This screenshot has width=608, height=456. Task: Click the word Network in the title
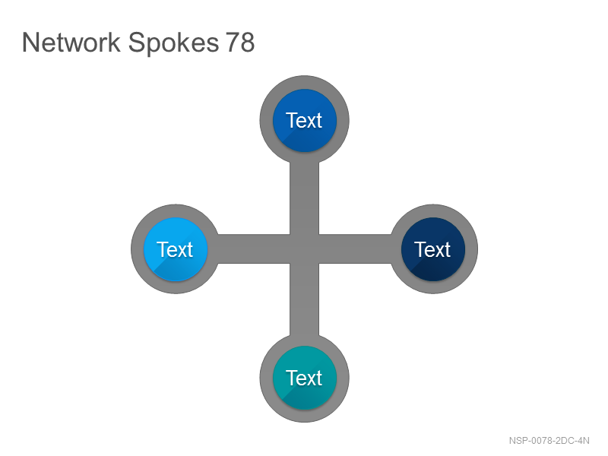tap(71, 42)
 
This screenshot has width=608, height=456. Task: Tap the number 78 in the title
tap(240, 42)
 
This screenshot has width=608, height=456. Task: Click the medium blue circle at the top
tap(305, 120)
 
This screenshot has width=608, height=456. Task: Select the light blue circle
tap(176, 249)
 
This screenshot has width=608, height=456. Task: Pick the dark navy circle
tap(433, 249)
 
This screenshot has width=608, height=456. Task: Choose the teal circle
tap(305, 378)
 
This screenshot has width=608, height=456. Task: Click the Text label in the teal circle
tap(304, 378)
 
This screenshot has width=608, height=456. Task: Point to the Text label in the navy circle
tap(432, 249)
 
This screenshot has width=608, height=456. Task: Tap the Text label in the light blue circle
tap(175, 249)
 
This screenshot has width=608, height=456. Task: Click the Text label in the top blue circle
tap(304, 120)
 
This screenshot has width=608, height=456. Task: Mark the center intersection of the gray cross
tap(305, 249)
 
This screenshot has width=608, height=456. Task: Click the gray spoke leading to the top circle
tap(305, 198)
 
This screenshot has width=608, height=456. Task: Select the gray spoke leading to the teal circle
tap(305, 299)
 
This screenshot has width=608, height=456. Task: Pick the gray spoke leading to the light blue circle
tap(254, 249)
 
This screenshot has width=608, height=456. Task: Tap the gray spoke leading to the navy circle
tap(355, 249)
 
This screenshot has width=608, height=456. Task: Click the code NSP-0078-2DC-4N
tap(549, 441)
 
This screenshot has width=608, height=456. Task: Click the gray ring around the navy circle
tap(471, 249)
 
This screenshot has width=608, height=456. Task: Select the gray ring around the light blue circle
tap(138, 249)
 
